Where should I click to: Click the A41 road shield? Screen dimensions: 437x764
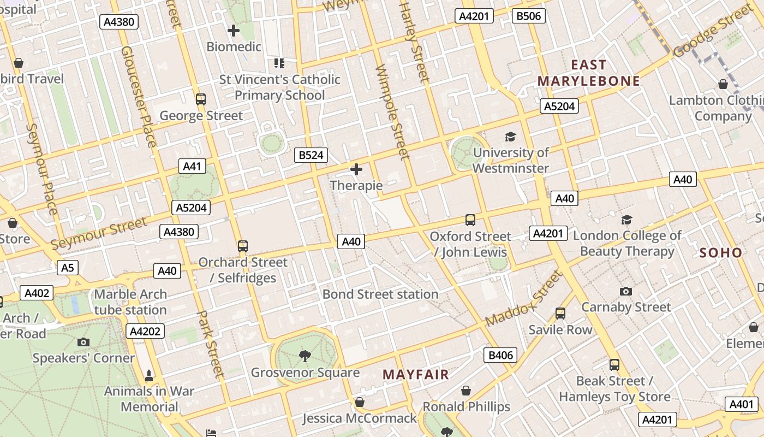(192, 167)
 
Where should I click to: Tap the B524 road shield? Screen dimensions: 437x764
(311, 155)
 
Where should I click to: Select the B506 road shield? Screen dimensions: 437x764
(529, 16)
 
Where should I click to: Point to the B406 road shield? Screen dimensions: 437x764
(500, 355)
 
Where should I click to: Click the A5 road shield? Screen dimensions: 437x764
(68, 268)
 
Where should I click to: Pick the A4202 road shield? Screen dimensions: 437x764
(145, 331)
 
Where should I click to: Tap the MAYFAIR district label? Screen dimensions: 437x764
(416, 375)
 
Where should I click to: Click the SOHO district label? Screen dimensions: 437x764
(720, 252)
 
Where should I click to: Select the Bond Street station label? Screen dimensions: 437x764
(380, 294)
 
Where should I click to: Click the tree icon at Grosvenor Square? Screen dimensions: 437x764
(305, 356)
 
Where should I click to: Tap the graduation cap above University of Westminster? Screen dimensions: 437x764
(510, 137)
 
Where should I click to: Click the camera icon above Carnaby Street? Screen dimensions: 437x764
(626, 291)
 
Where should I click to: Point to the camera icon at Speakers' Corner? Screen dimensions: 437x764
(83, 342)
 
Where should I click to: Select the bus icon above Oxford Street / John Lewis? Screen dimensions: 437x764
(470, 220)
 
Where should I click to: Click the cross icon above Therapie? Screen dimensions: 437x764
(356, 169)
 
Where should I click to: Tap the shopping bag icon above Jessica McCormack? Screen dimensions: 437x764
(359, 403)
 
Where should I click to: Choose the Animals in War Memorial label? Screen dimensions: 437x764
(149, 399)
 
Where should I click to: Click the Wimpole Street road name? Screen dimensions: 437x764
(392, 112)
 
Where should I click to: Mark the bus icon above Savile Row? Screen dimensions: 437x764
(560, 314)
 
